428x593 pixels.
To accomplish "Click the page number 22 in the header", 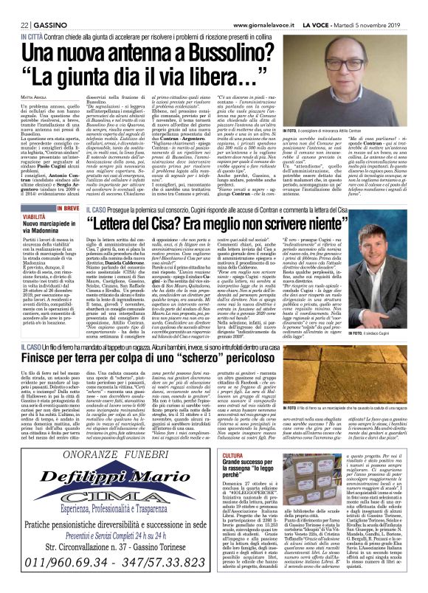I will click(x=13, y=6).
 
